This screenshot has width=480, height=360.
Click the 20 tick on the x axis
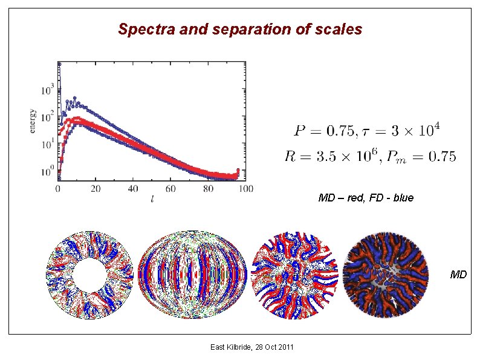[96, 189]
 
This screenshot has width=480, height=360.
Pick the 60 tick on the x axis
[170, 189]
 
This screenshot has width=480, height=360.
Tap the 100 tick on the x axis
[245, 189]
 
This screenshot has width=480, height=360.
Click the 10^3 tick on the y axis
[47, 91]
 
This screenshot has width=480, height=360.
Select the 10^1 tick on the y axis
[47, 145]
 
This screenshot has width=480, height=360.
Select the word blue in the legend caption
[403, 198]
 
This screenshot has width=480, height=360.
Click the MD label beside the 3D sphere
[458, 275]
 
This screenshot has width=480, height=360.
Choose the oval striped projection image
[192, 275]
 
